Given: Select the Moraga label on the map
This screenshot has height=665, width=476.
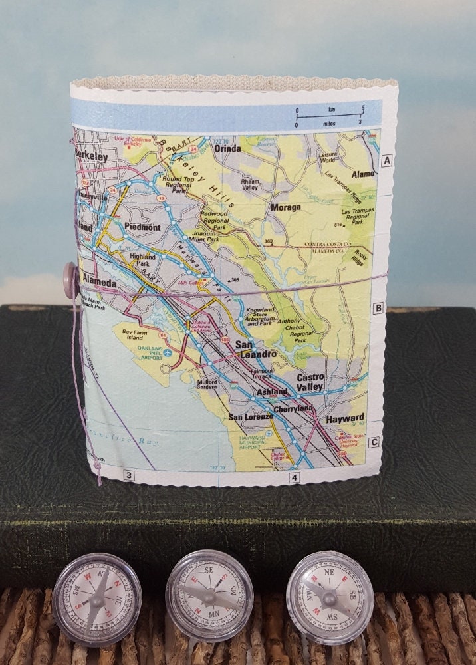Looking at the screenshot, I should pyautogui.click(x=285, y=207).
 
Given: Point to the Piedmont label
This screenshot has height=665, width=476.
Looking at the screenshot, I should pyautogui.click(x=142, y=227).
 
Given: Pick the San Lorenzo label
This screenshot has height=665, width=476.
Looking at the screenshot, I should pyautogui.click(x=250, y=416).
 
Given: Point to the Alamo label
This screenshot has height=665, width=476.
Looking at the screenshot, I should pyautogui.click(x=364, y=174).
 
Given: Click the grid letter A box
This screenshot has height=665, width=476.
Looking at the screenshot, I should pyautogui.click(x=388, y=160).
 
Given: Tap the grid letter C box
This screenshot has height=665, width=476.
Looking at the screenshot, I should pyautogui.click(x=374, y=442).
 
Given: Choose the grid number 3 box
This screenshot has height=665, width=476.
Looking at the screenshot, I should pyautogui.click(x=128, y=475).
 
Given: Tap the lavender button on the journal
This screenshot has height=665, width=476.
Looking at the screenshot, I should pyautogui.click(x=70, y=273).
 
